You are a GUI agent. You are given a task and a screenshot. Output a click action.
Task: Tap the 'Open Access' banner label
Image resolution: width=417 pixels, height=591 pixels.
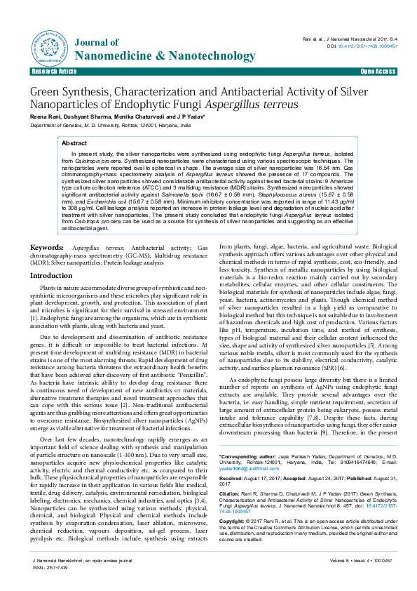pos(378,72)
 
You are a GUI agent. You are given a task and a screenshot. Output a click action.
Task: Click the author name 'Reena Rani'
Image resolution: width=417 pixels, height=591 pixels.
pos(43,117)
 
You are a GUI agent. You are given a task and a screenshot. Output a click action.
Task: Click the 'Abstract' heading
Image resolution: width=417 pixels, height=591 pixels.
pos(74,142)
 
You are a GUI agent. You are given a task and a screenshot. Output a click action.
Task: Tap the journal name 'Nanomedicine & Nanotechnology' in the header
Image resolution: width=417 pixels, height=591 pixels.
pos(144,55)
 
